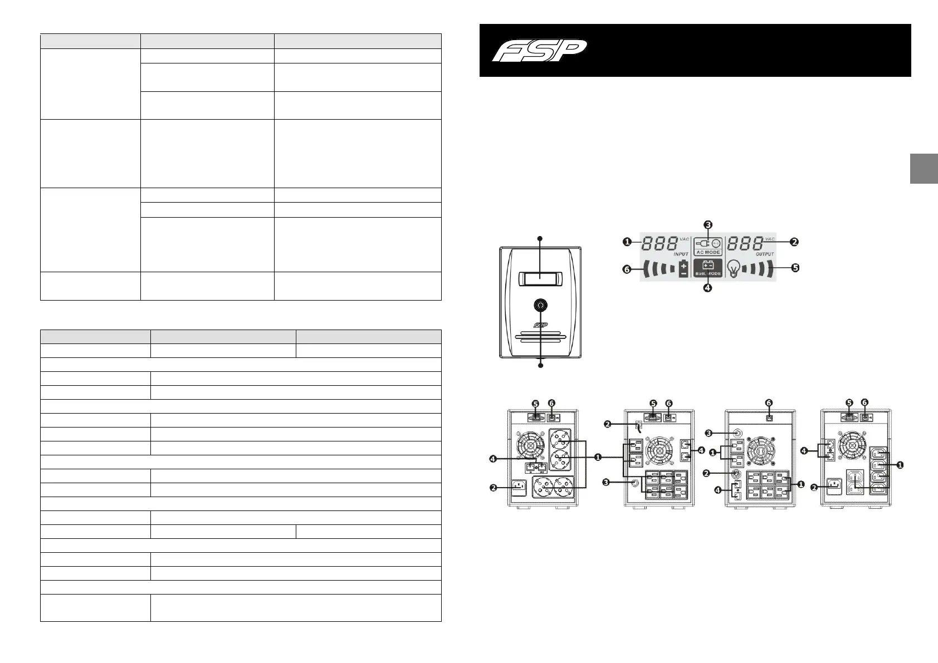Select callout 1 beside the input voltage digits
pyautogui.click(x=627, y=242)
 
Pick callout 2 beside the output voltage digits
pyautogui.click(x=794, y=242)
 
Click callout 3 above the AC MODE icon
pyautogui.click(x=707, y=225)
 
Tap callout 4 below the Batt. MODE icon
pyautogui.click(x=707, y=288)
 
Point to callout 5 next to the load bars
pyautogui.click(x=795, y=268)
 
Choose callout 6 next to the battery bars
pyautogui.click(x=627, y=270)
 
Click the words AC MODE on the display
pyautogui.click(x=708, y=252)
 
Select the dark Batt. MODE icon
pyautogui.click(x=708, y=268)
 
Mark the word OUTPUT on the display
pyautogui.click(x=765, y=254)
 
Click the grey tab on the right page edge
pyautogui.click(x=924, y=168)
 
